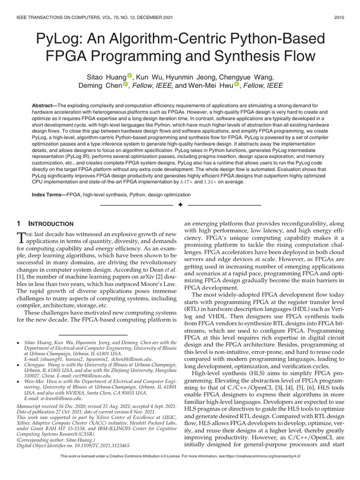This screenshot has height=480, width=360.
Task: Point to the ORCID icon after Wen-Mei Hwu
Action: coord(237,85)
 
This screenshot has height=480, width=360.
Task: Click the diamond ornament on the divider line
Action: coord(180,205)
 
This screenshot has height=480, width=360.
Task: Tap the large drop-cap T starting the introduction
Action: coord(20,238)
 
